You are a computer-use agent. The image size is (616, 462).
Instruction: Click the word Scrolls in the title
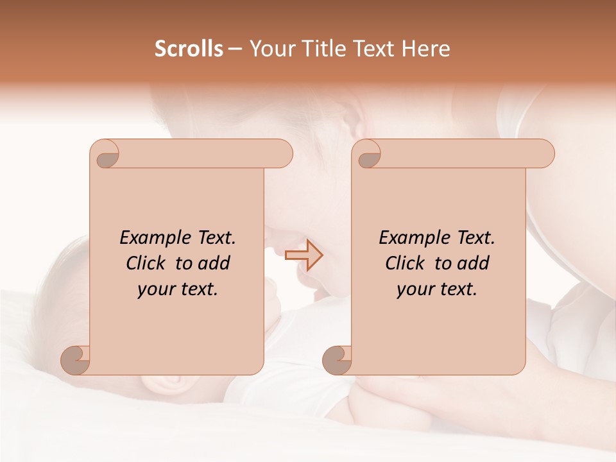click(x=189, y=49)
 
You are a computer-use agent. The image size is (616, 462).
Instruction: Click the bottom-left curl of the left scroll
click(x=74, y=359)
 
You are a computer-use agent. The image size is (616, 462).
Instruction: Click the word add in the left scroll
click(x=215, y=263)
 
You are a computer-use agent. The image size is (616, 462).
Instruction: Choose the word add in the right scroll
click(x=474, y=263)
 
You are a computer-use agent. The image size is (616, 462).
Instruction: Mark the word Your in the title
click(x=269, y=49)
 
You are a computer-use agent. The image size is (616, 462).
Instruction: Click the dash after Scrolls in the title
click(x=235, y=49)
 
